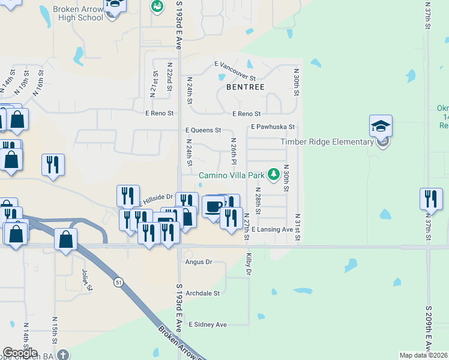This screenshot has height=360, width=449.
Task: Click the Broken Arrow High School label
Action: click(77, 13)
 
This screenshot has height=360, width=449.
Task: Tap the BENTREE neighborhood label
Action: click(245, 87)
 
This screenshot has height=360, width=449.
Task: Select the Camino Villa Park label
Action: click(233, 175)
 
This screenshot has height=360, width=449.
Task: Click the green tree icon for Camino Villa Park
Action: click(274, 174)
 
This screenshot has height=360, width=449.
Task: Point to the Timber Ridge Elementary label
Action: click(327, 142)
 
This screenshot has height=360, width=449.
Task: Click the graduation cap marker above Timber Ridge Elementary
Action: click(381, 126)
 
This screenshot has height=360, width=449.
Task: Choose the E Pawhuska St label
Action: click(273, 127)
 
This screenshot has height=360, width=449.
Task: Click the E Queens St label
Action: click(203, 130)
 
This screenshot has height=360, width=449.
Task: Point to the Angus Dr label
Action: click(199, 262)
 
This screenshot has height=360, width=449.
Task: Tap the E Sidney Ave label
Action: click(208, 325)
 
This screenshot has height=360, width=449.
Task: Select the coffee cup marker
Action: click(213, 207)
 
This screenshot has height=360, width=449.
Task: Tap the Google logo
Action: click(20, 353)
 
